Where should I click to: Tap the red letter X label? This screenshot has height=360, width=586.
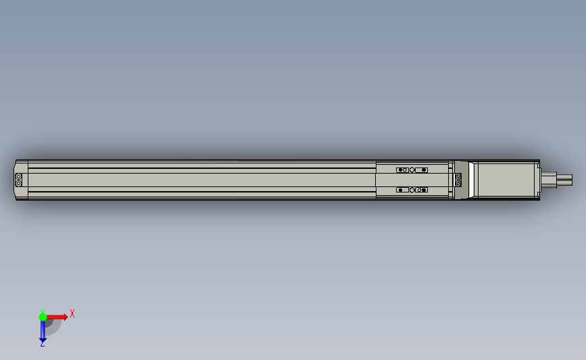pos(72,313)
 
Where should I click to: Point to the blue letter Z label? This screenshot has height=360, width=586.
pos(42,344)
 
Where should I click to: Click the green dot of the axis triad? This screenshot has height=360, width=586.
pos(43,316)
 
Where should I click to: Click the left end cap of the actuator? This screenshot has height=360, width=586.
pos(21,180)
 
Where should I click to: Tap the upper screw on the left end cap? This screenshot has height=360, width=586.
pos(19,177)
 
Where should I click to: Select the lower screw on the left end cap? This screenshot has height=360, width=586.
pos(19,183)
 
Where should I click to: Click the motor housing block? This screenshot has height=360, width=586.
pos(506,180)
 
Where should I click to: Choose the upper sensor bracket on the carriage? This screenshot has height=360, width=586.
pos(412,170)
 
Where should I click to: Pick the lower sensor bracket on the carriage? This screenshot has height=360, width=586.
pos(412,190)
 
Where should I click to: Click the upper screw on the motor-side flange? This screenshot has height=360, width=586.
pos(459,177)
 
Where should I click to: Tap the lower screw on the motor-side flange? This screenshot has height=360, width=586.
pos(459,183)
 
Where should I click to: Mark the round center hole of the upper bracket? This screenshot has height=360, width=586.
pos(412,170)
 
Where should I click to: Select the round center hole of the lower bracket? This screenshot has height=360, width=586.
pos(412,190)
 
